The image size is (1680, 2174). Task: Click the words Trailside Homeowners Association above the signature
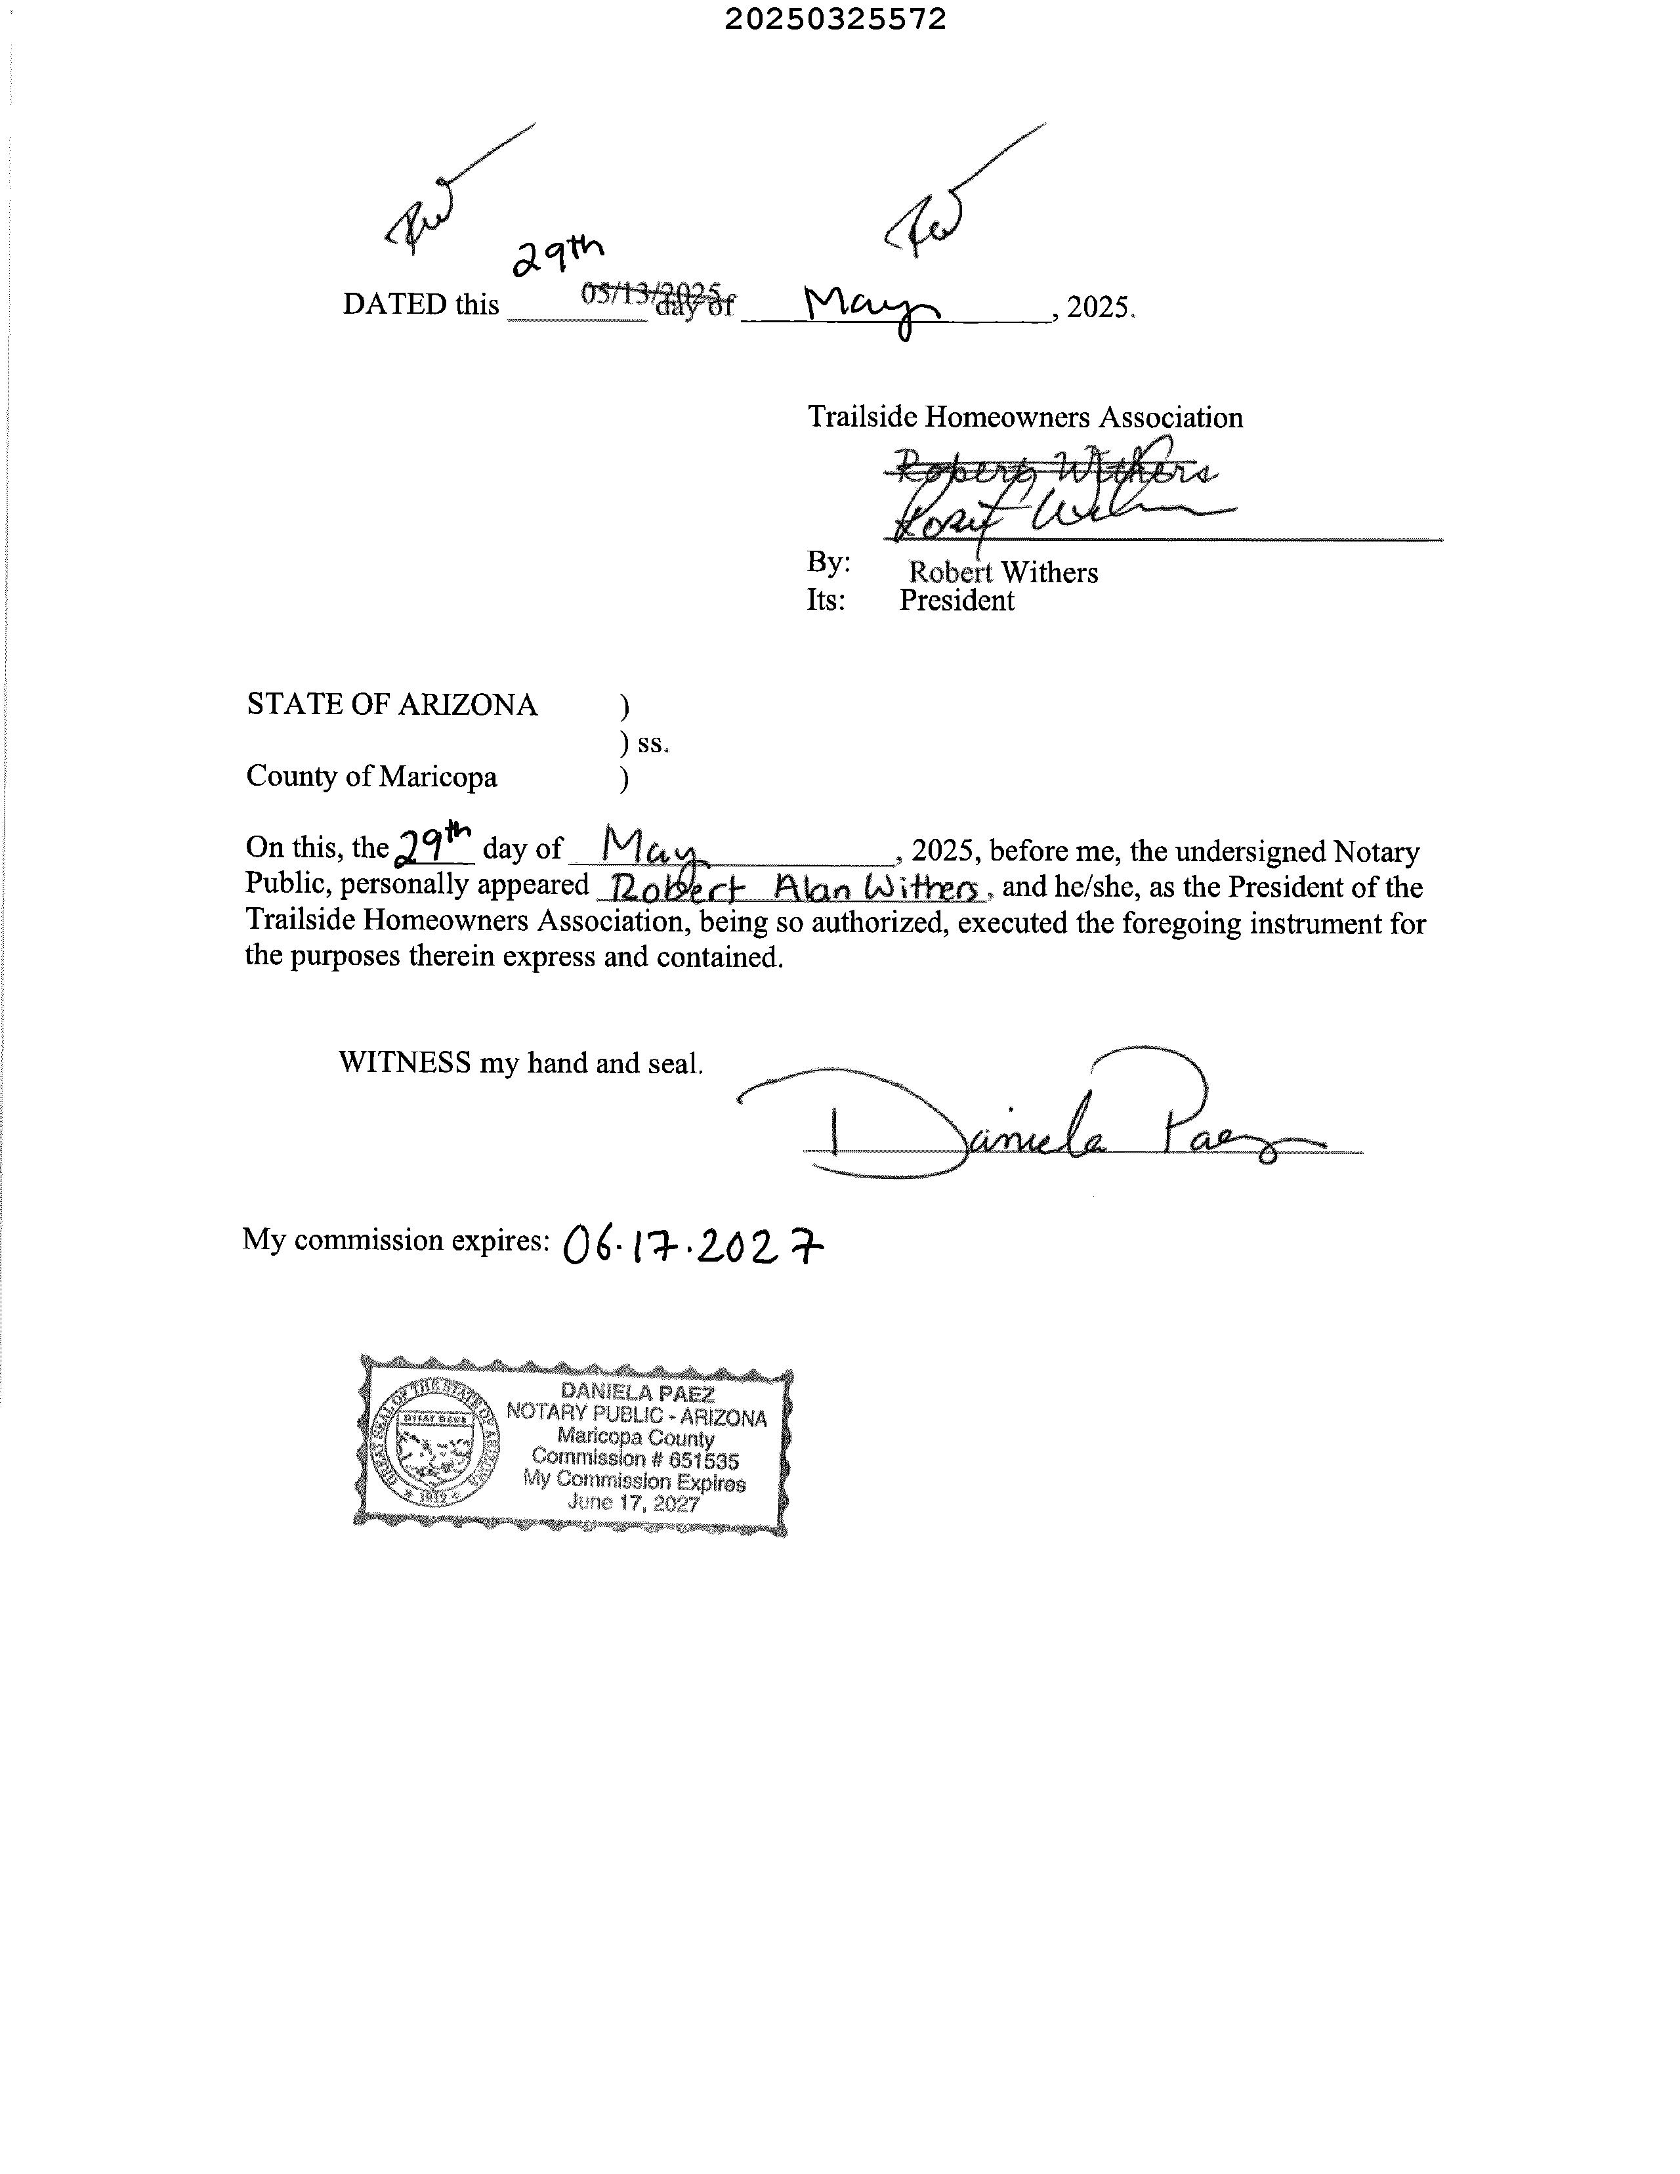1025,417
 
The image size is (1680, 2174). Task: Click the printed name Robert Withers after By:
1003,572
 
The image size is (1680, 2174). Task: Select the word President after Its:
956,600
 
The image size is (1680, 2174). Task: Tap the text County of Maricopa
371,777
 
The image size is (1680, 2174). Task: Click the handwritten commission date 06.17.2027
694,1245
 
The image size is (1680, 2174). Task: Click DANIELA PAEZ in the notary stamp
637,1393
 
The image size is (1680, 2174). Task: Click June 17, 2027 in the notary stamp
634,1503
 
